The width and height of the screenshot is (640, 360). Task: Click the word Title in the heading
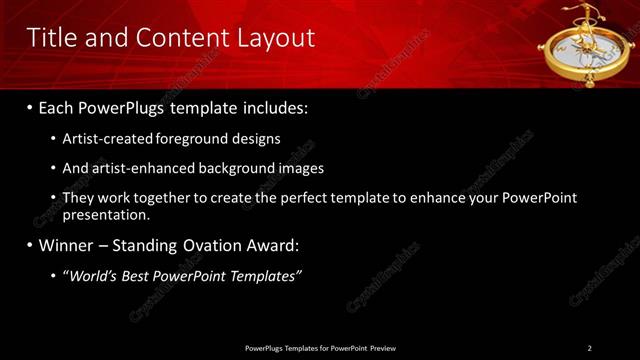50,38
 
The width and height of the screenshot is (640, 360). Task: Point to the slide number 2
589,347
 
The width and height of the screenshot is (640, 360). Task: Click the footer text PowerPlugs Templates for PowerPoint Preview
320,347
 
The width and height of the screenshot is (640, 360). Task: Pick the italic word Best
139,275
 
